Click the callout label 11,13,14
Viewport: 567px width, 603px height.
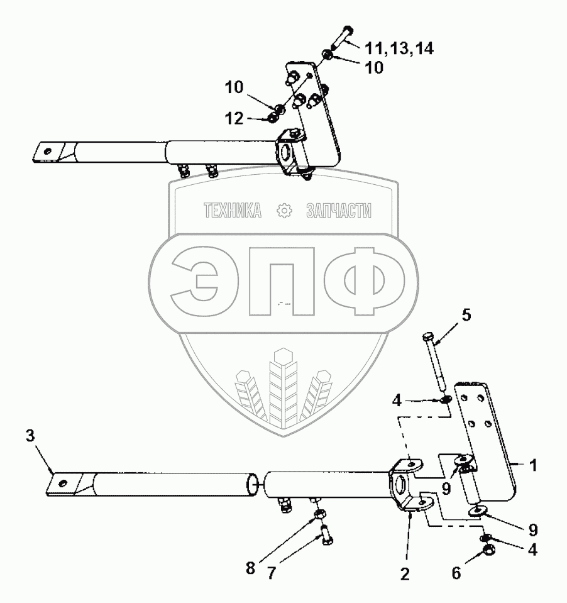[400, 48]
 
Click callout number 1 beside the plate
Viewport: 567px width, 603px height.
[533, 466]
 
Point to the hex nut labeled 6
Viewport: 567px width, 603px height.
[488, 551]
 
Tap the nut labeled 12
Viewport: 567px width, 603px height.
[273, 118]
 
